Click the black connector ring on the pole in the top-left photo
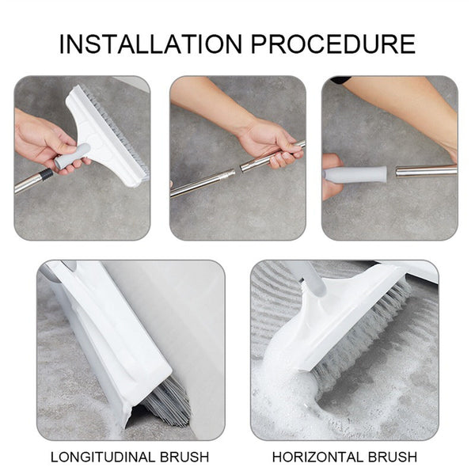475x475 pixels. [x=47, y=175]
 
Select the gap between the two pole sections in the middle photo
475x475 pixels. [x=237, y=170]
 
